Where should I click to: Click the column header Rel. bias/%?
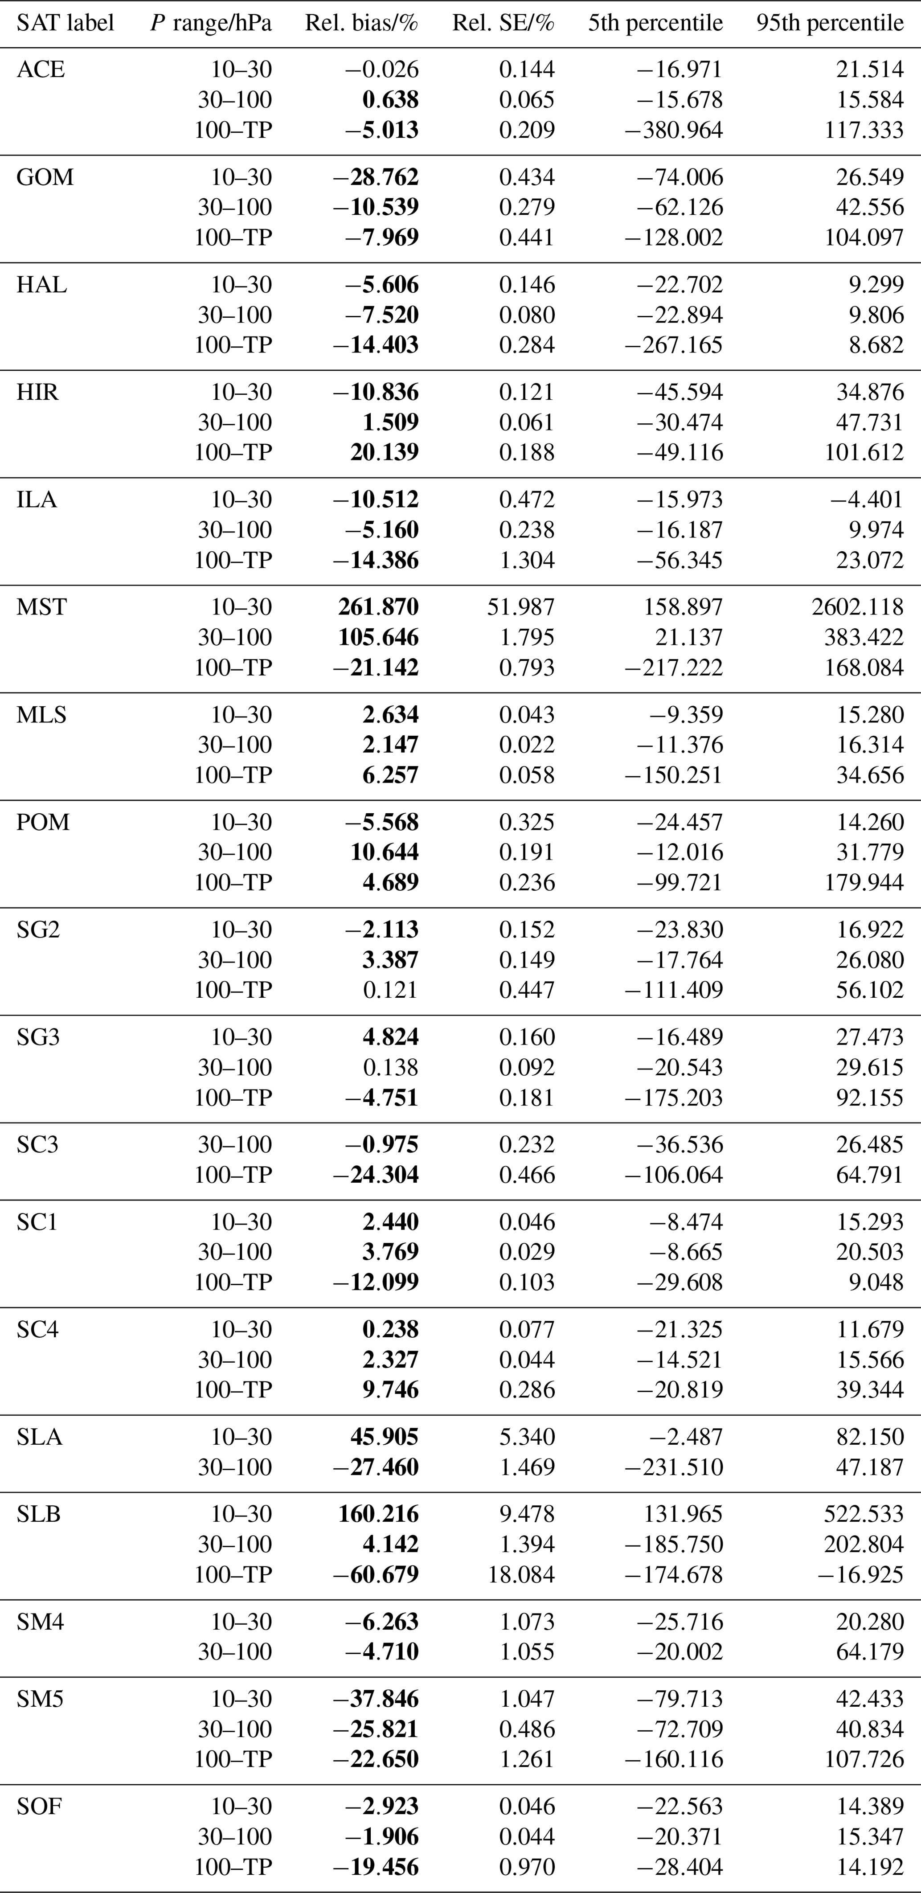[362, 24]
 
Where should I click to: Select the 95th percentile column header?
[830, 24]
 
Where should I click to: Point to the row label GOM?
[45, 177]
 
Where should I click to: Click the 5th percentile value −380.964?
[673, 130]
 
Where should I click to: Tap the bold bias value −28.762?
[375, 177]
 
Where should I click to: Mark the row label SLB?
[39, 1514]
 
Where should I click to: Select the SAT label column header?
[65, 24]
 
